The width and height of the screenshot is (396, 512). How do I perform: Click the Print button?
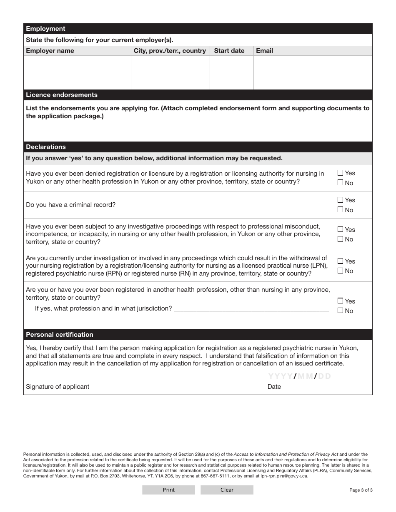[x=168, y=490]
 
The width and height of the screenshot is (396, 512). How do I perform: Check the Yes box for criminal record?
[x=341, y=200]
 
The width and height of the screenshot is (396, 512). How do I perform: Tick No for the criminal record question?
[x=341, y=210]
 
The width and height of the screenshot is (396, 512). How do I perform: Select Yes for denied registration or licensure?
[x=341, y=173]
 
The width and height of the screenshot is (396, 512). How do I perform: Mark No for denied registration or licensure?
[x=341, y=183]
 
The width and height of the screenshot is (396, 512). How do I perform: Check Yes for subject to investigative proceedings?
[x=341, y=229]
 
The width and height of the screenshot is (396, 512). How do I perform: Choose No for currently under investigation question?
[x=341, y=271]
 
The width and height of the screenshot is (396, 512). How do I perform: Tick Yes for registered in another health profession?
[x=341, y=301]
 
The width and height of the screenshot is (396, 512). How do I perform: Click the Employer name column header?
[x=50, y=51]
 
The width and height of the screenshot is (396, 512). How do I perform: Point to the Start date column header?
[x=229, y=51]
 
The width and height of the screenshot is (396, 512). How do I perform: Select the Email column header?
[x=264, y=51]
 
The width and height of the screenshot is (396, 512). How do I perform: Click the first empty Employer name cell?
[x=77, y=65]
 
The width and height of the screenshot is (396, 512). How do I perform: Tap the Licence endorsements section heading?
[x=62, y=95]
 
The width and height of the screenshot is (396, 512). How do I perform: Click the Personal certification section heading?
[x=60, y=335]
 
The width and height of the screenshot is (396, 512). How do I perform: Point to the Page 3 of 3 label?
[x=361, y=490]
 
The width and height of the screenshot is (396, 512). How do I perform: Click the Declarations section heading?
[x=46, y=147]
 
